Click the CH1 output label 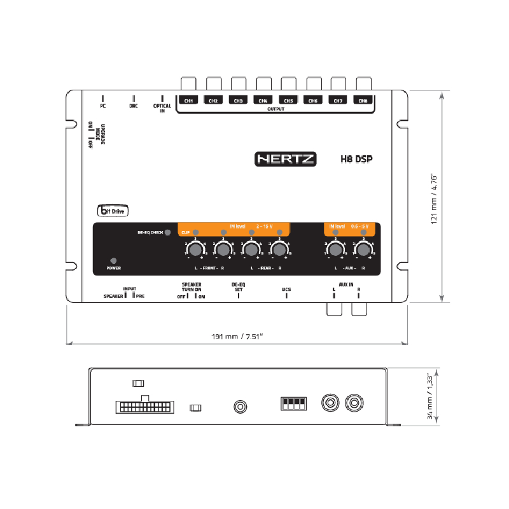tap(188, 101)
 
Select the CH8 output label tap(363, 101)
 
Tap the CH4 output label tap(263, 101)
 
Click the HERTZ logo tap(285, 159)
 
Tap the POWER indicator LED tap(113, 261)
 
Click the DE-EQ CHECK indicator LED tap(167, 232)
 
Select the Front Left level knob tap(195, 249)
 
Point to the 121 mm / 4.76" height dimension tap(435, 197)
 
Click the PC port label tap(103, 106)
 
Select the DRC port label tap(133, 106)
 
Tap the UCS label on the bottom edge tap(286, 289)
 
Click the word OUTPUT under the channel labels tap(275, 109)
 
